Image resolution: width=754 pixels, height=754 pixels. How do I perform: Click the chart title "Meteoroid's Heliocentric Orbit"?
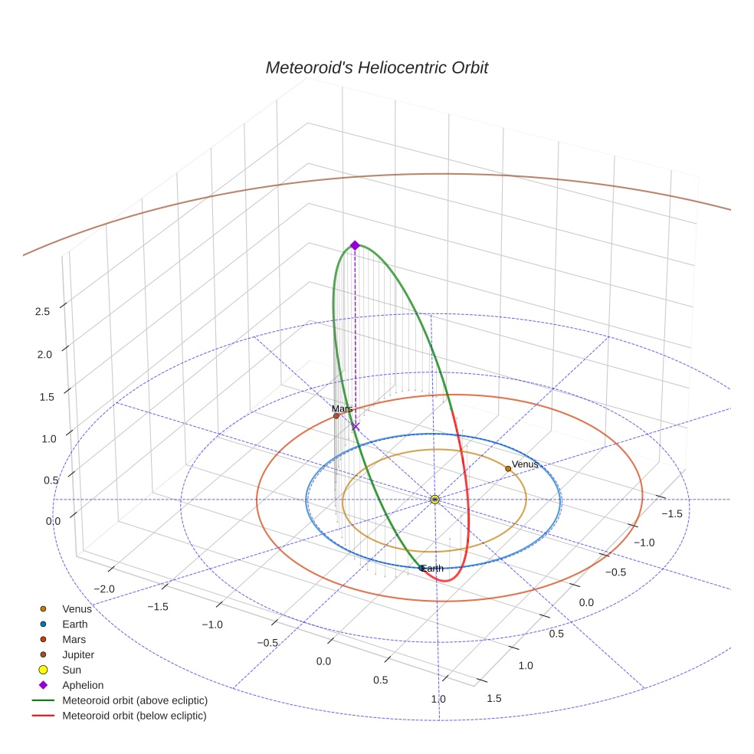coord(376,67)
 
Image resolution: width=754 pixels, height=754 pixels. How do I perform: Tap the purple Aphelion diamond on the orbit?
coord(355,245)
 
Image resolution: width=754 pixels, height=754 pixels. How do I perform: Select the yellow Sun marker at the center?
coord(434,500)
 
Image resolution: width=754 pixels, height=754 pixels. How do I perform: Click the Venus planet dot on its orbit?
coord(508,468)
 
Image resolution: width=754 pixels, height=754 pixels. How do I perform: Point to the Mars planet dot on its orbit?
coord(336,416)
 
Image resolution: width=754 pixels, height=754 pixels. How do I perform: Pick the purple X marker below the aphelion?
coord(355,426)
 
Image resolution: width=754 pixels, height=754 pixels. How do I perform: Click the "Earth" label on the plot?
coord(433,569)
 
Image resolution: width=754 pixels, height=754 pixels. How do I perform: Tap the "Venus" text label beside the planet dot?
coord(526,464)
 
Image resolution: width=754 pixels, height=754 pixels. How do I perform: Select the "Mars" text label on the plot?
coord(342,409)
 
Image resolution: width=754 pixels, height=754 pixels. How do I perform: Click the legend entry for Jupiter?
coord(78,655)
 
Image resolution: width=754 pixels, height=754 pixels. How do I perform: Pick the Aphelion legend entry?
coord(83,685)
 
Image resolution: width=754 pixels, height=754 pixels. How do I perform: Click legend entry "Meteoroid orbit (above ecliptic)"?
coord(135,700)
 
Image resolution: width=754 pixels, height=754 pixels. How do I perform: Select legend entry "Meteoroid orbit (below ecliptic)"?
coord(134,716)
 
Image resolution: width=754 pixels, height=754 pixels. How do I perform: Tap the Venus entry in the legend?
coord(77,609)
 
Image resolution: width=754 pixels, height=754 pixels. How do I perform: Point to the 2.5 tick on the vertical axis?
coord(42,312)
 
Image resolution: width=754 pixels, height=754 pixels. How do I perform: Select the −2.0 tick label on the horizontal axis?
coord(104,589)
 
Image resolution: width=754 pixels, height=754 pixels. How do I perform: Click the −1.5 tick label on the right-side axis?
coord(671,513)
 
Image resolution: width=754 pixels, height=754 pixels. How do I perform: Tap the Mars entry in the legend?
coord(74,640)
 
